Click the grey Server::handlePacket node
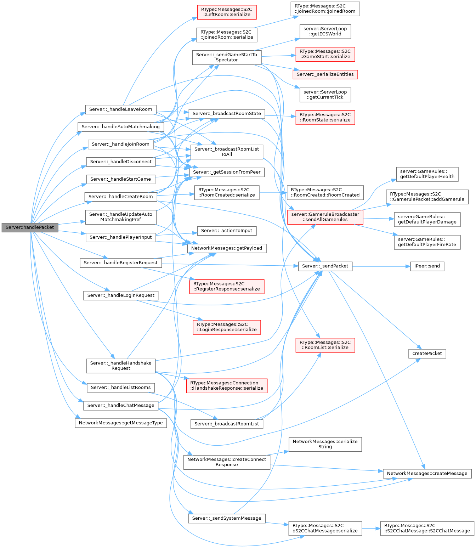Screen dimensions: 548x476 pos(30,227)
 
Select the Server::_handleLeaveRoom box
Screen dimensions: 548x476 pos(120,109)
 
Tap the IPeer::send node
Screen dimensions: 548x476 pos(427,266)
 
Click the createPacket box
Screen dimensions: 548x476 pos(427,354)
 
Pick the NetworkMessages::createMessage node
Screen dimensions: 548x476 pos(427,474)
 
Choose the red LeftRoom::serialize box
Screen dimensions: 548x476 pos(226,12)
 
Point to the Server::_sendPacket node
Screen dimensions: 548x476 pos(325,266)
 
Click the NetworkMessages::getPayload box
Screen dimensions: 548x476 pos(226,248)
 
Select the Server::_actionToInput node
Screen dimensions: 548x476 pos(226,231)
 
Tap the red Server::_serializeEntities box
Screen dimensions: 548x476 pos(325,74)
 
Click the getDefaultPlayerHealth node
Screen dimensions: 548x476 pos(427,174)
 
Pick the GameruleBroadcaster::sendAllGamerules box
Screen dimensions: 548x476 pos(325,217)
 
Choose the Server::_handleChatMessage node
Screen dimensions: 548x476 pos(120,406)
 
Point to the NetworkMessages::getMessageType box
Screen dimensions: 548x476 pos(120,423)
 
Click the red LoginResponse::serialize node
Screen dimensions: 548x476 pos(226,327)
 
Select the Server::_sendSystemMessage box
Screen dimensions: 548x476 pos(226,519)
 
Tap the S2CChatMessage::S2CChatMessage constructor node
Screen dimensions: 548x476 pos(427,529)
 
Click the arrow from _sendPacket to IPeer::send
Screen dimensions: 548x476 pos(381,266)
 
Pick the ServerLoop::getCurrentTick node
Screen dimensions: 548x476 pos(325,95)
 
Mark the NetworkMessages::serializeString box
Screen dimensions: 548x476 pos(325,444)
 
